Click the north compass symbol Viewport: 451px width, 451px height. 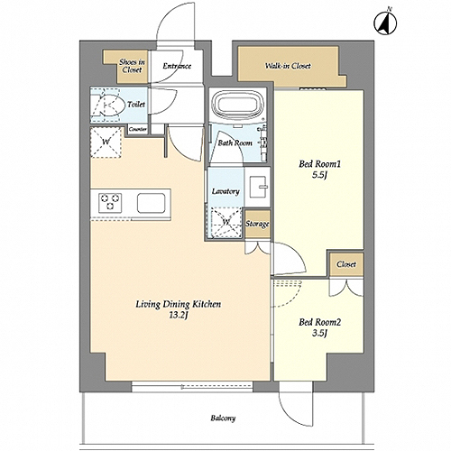(x=385, y=23)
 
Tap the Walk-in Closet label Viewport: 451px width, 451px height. (x=288, y=66)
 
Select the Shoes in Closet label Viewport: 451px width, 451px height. (x=132, y=66)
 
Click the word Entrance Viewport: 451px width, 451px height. (x=177, y=66)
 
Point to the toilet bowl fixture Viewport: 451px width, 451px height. (x=108, y=105)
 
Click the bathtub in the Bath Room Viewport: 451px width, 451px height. (x=237, y=105)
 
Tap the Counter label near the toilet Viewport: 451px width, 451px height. (x=138, y=130)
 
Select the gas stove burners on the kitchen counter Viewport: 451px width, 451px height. (x=110, y=202)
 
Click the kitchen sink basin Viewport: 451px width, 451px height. (x=152, y=203)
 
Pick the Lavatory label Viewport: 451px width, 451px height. (x=225, y=191)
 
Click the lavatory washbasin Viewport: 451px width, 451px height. (x=257, y=187)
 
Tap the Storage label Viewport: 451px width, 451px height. (x=257, y=224)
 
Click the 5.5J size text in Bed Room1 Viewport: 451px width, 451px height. (x=319, y=175)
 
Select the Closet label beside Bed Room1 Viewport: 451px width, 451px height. (x=346, y=264)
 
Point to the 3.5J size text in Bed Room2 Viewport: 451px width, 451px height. (x=319, y=333)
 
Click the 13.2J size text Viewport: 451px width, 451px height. (x=179, y=316)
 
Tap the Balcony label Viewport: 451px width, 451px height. (x=223, y=418)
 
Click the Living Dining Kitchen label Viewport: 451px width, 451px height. (x=179, y=304)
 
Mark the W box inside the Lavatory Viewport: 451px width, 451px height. (x=226, y=222)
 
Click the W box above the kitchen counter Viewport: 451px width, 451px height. (x=106, y=142)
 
